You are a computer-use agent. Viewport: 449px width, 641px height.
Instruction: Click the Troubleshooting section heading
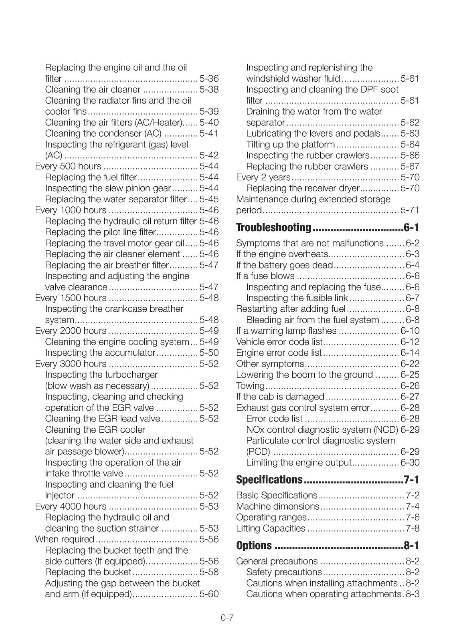point(273,228)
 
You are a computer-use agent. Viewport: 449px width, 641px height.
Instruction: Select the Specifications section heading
point(269,480)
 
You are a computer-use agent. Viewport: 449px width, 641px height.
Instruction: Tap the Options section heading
point(254,546)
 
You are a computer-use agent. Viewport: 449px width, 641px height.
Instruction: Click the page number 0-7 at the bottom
point(227,618)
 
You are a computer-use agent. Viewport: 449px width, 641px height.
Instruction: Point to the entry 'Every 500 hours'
point(68,166)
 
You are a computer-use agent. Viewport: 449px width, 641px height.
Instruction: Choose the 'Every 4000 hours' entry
point(71,506)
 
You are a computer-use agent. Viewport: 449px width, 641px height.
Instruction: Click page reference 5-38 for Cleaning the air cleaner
point(209,90)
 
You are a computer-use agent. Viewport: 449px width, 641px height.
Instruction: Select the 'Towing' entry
point(251,386)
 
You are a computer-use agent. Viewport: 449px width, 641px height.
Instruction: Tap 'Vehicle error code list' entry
point(279,342)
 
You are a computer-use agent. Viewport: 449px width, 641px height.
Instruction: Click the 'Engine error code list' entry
point(279,353)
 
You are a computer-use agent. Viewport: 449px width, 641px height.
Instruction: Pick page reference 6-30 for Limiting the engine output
point(410,463)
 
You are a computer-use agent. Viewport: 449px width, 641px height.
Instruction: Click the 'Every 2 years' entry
point(263,177)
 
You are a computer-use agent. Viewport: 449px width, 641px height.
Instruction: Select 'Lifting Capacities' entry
point(271,528)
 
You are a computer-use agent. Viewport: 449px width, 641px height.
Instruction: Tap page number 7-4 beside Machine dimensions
point(413,506)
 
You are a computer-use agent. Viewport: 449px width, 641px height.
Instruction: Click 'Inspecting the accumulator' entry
point(100,353)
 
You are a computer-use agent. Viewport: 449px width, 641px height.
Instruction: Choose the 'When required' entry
point(65,539)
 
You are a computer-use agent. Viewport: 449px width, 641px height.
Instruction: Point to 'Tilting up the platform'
point(291,145)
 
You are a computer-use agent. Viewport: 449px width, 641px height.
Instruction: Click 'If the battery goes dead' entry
point(285,265)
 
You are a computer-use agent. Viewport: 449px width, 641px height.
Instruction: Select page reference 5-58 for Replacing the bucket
point(209,572)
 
